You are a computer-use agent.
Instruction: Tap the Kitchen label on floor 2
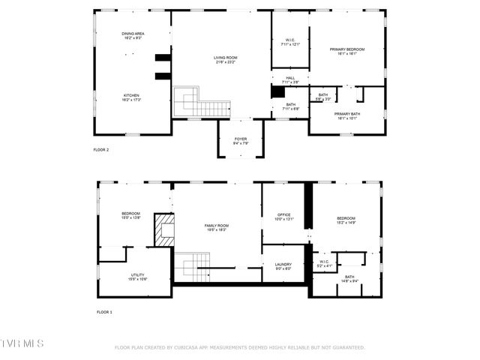(132, 97)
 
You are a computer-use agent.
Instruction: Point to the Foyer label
(241, 140)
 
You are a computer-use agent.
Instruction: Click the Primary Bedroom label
(346, 51)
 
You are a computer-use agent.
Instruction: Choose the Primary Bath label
(346, 115)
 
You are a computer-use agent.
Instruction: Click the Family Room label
(217, 227)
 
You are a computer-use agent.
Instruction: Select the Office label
(284, 217)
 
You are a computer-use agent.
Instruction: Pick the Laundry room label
(283, 265)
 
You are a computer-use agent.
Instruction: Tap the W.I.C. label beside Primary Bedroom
(289, 42)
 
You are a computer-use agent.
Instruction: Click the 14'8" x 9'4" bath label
(350, 279)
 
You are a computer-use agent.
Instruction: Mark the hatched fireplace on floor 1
(164, 230)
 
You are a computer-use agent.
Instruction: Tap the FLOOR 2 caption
(101, 150)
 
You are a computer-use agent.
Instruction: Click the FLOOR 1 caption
(104, 312)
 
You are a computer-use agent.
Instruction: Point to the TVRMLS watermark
(22, 343)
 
